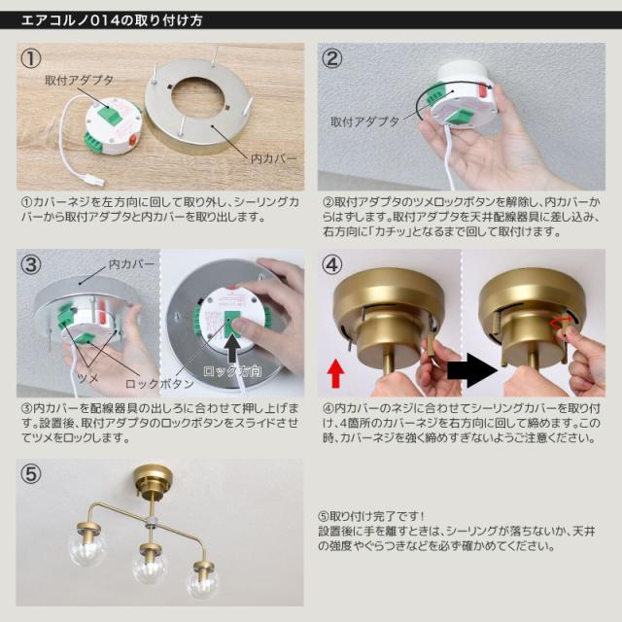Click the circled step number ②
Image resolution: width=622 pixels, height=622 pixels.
[x=333, y=59]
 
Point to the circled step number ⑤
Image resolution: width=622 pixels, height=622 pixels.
[x=33, y=475]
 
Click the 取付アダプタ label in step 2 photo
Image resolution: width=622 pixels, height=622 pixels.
[x=364, y=122]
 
